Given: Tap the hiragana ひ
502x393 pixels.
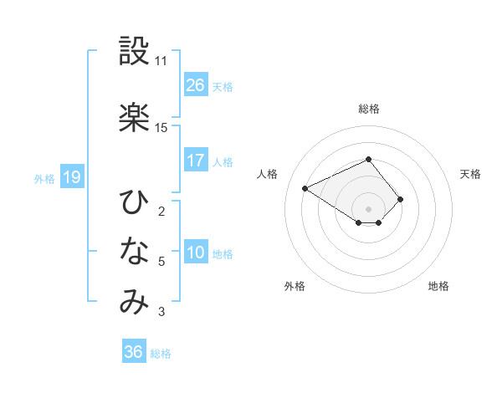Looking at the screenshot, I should click(x=134, y=202).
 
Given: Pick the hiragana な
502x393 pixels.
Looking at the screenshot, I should click(x=134, y=251).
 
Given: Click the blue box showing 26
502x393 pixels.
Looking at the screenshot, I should click(x=195, y=85).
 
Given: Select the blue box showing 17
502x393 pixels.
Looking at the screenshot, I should click(x=195, y=161).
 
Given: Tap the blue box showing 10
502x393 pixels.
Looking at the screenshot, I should click(x=195, y=253).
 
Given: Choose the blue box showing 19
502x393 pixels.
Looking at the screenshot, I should click(x=71, y=177).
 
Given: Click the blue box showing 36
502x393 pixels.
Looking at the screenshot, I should click(x=133, y=352).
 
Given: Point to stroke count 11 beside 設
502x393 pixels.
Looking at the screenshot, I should click(x=161, y=61).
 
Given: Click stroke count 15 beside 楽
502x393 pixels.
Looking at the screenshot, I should click(x=161, y=128).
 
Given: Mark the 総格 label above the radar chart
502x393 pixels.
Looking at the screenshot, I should click(x=369, y=109).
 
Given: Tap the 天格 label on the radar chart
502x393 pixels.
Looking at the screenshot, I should click(x=470, y=174).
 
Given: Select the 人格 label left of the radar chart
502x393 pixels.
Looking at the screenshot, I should click(x=268, y=174).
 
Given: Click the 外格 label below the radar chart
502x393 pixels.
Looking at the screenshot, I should click(x=295, y=286).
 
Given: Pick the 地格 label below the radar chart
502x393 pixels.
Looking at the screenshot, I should click(x=438, y=286).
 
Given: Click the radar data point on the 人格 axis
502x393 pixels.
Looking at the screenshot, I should click(x=305, y=187).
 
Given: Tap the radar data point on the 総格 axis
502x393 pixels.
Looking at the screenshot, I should click(x=368, y=159).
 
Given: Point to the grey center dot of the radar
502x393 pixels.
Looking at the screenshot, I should click(x=368, y=208).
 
